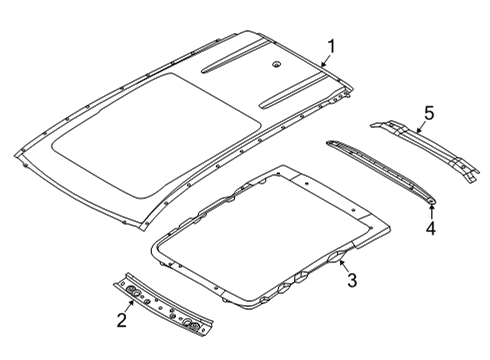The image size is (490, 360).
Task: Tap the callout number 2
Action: pyautogui.click(x=122, y=319)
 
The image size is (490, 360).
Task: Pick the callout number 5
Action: pyautogui.click(x=428, y=114)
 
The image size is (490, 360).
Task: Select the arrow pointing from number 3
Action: pyautogui.click(x=340, y=265)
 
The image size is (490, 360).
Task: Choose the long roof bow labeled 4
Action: pyautogui.click(x=380, y=171)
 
